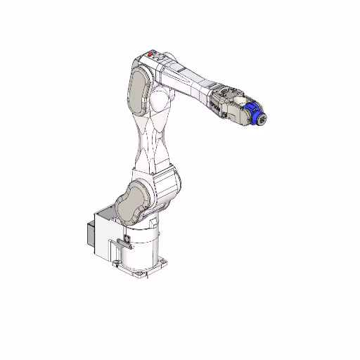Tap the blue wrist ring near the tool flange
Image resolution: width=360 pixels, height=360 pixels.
(255, 113)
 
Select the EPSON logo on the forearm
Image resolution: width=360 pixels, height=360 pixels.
(213, 102)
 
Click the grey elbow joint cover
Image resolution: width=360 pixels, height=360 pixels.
(138, 89)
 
